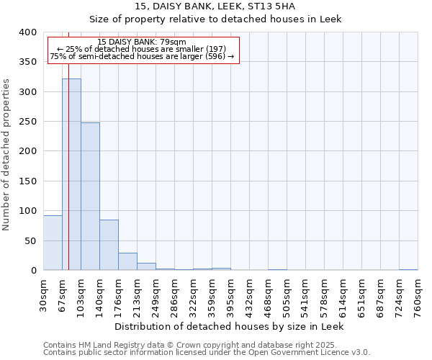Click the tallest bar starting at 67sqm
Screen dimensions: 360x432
(71, 174)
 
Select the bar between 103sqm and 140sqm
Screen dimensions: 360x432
(90, 196)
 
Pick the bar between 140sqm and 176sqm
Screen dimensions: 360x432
(109, 245)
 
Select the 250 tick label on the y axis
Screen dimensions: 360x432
(28, 122)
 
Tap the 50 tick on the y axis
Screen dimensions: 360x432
(31, 240)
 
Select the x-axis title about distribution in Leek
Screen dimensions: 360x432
(230, 327)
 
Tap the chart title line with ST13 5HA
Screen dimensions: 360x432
(215, 6)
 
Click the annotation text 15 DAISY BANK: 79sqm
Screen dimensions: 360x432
(142, 42)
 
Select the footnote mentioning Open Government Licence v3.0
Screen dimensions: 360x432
(207, 353)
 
